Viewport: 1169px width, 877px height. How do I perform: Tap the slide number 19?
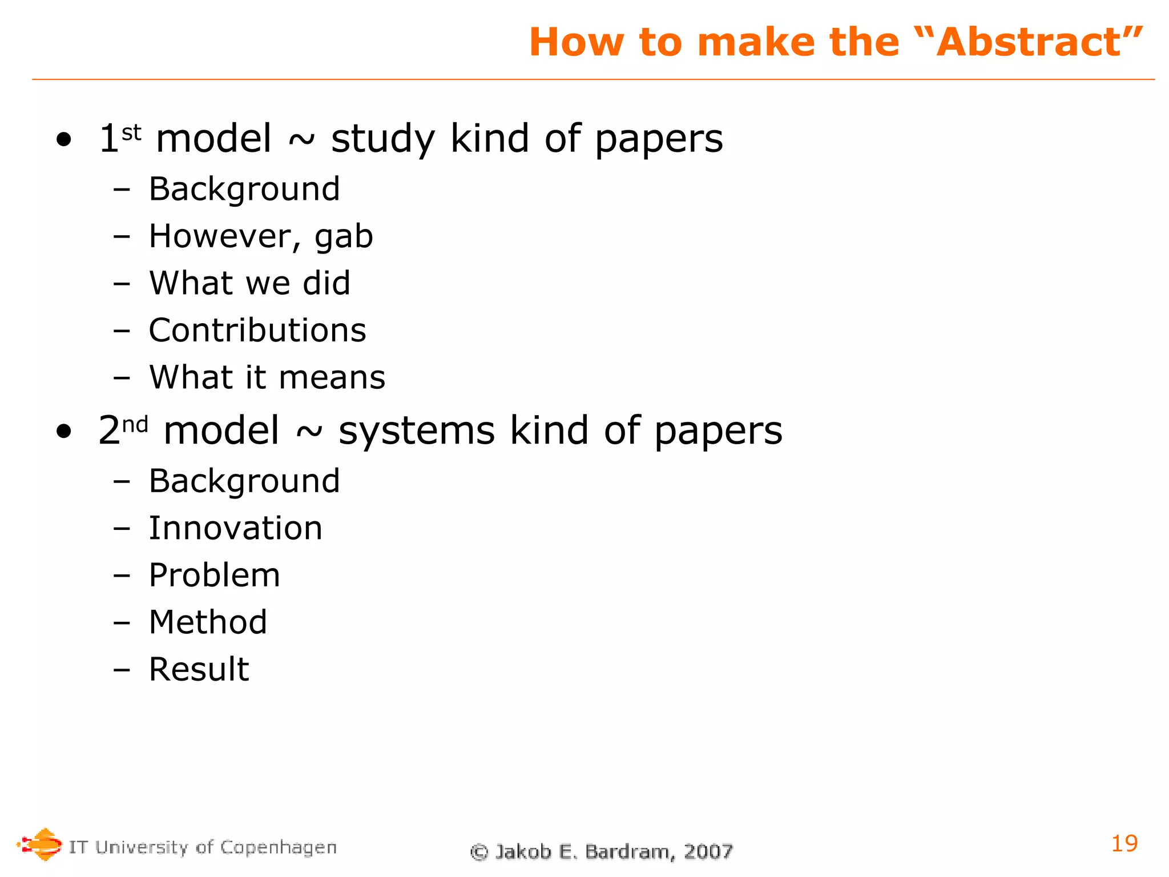[x=1124, y=843]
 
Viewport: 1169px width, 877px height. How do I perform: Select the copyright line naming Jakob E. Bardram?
[x=601, y=851]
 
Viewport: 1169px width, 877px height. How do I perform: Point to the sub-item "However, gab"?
[x=261, y=236]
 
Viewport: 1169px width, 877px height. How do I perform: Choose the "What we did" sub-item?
[x=249, y=283]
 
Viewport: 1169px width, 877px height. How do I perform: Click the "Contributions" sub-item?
[x=257, y=330]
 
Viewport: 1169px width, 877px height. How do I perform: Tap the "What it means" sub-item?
[x=267, y=377]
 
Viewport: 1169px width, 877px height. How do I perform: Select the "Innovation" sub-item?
[x=235, y=528]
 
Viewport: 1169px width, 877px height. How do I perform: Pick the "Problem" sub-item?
[x=215, y=575]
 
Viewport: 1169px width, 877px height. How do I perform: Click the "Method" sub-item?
[x=208, y=622]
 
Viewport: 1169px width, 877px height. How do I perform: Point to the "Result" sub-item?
[x=199, y=669]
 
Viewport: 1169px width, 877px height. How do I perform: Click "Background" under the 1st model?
[x=244, y=189]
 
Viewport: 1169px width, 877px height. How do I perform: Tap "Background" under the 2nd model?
[x=244, y=481]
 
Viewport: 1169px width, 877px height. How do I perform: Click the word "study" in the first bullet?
[x=383, y=139]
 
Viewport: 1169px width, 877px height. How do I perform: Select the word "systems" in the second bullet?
[x=417, y=431]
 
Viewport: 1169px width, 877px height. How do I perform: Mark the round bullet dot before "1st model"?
[x=64, y=140]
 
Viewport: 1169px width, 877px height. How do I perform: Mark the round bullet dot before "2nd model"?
[x=64, y=432]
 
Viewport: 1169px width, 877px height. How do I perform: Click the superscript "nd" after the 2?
[x=135, y=425]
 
